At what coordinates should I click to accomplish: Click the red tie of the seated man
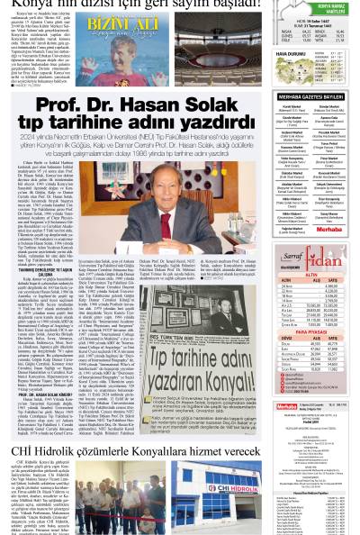[165, 221]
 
